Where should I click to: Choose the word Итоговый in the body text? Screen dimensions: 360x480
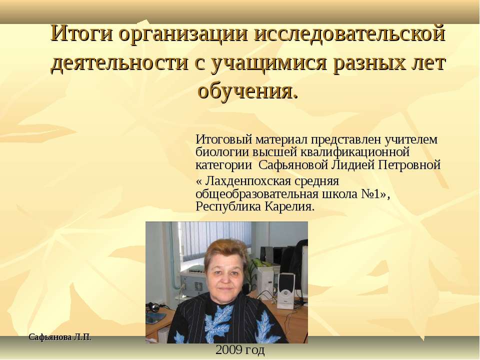pyautogui.click(x=223, y=138)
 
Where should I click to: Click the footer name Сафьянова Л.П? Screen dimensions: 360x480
pyautogui.click(x=60, y=337)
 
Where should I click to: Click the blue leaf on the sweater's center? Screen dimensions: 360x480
pyautogui.click(x=220, y=320)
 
